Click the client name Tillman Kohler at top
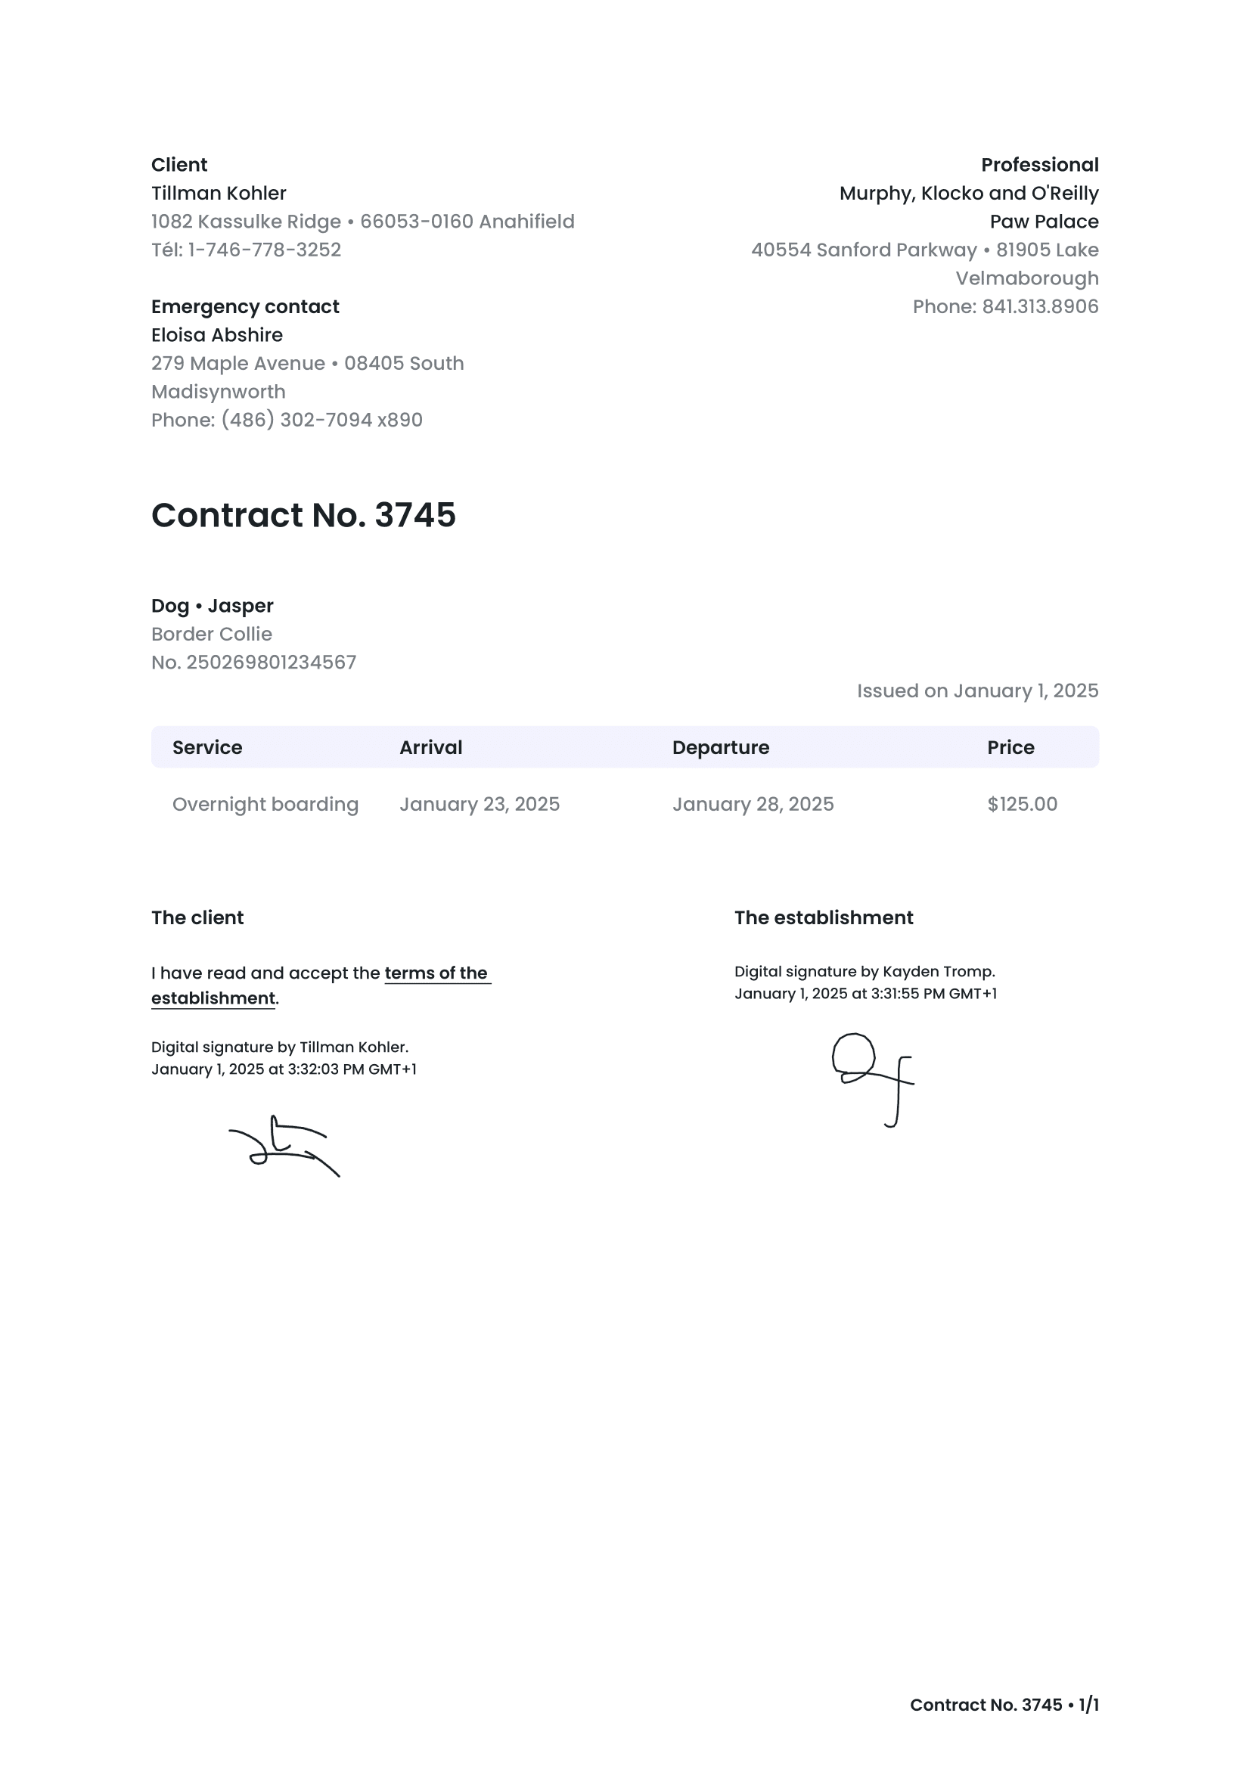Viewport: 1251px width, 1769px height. [x=218, y=194]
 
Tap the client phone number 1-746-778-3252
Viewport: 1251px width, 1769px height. [x=264, y=250]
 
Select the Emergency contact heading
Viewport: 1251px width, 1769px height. [x=245, y=306]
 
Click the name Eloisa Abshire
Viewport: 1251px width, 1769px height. [x=216, y=335]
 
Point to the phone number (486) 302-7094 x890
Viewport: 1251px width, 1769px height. [x=321, y=420]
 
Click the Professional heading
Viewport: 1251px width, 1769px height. [x=1039, y=165]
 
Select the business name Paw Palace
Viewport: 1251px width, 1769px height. [x=1044, y=222]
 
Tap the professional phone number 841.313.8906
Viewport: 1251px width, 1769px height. [x=1040, y=306]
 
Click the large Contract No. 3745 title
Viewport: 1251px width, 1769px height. [x=303, y=516]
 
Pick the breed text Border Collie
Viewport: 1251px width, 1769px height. [x=211, y=634]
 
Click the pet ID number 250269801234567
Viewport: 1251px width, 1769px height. [x=272, y=663]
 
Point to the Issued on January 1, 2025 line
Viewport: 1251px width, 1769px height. [x=976, y=691]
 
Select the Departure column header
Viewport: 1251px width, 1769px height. [x=720, y=747]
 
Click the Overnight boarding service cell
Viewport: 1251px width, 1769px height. [x=265, y=805]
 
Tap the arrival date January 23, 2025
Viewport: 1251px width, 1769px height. [x=479, y=805]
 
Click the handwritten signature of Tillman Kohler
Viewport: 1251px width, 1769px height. [x=284, y=1146]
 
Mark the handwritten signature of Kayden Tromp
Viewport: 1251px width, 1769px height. [x=872, y=1077]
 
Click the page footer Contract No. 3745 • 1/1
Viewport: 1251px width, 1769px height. [x=1004, y=1705]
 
